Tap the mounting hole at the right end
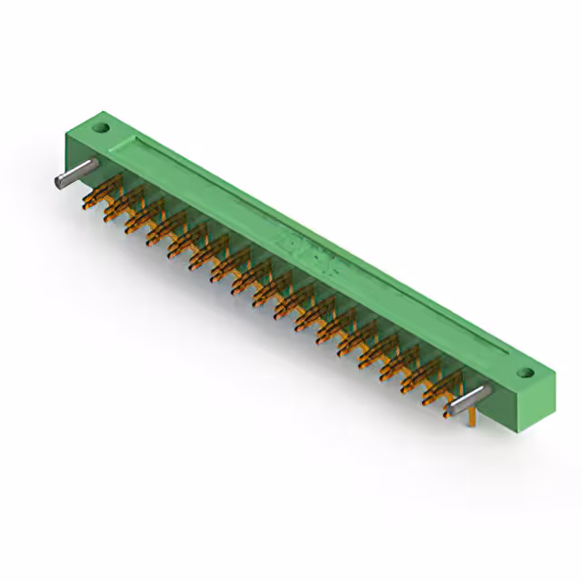[x=524, y=373]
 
